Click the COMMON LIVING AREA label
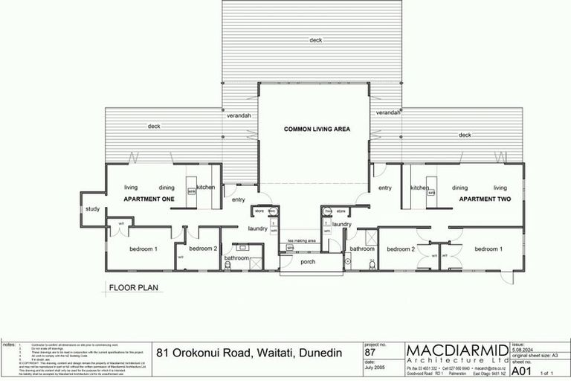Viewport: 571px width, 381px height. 317,129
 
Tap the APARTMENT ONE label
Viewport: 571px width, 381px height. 149,199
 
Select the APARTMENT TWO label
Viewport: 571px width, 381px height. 483,199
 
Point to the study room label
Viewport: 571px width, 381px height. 93,209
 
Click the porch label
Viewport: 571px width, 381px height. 309,262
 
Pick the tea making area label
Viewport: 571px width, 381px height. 301,241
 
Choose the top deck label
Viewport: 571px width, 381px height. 316,39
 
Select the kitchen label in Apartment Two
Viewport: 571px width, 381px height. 421,188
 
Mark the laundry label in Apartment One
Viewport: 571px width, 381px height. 258,228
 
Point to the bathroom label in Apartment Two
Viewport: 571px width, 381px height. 362,249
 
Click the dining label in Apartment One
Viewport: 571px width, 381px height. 166,188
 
